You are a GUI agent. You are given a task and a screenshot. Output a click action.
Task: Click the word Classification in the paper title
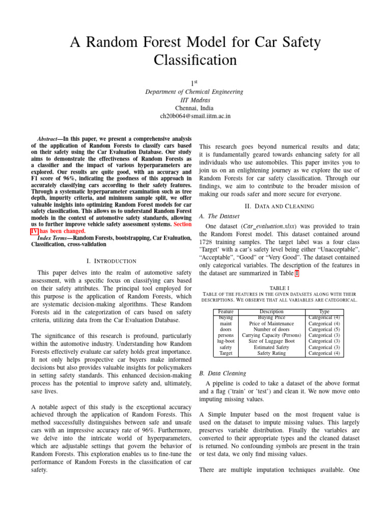click(195, 60)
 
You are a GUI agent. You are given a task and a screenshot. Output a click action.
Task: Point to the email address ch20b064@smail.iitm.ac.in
click(195, 116)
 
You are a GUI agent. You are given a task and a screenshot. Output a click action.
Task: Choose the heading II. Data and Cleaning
click(279, 206)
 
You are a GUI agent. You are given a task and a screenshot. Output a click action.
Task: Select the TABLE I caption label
click(279, 288)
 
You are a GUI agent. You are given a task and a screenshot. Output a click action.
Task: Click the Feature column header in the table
click(226, 310)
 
